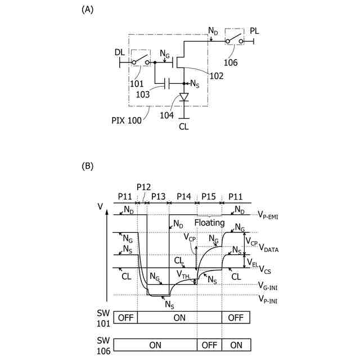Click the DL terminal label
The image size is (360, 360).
[119, 52]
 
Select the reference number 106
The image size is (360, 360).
[230, 62]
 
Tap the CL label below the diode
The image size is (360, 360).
[184, 127]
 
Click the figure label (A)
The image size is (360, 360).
[87, 10]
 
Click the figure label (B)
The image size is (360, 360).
[87, 166]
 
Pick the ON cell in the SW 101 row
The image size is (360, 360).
[180, 317]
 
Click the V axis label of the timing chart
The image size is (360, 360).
[101, 206]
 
